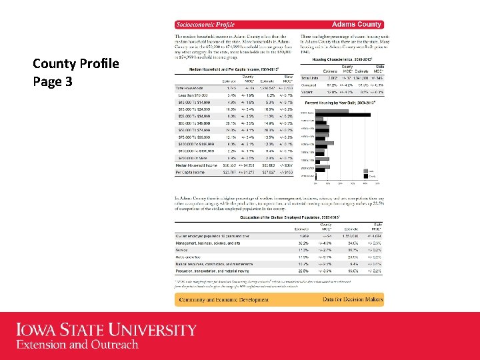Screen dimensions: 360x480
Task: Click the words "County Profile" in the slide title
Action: (66, 65)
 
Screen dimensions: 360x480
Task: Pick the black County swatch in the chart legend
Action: (365, 176)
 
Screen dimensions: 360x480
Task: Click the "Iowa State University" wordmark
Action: (106, 330)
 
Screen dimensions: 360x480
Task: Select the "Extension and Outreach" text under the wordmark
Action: (77, 345)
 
